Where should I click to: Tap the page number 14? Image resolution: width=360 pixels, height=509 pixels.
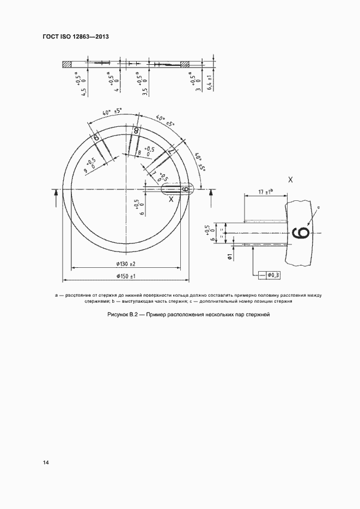click(46, 462)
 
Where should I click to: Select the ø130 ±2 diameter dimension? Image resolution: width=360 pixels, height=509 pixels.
click(125, 264)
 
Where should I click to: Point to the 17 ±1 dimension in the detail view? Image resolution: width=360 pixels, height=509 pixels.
click(265, 192)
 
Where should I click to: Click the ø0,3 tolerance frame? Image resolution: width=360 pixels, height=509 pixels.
click(272, 275)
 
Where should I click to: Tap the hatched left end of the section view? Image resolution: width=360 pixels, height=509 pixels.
click(67, 64)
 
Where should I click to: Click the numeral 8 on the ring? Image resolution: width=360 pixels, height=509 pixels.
click(136, 131)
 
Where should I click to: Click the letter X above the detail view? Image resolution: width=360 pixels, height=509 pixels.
click(290, 180)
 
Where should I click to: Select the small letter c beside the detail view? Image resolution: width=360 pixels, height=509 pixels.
click(319, 207)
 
